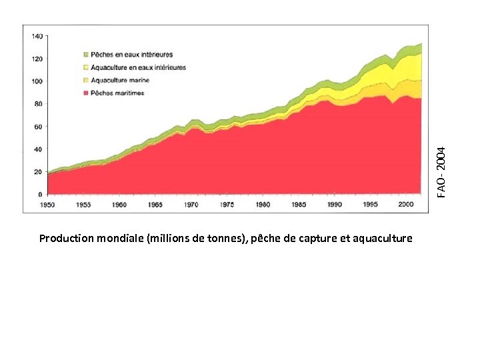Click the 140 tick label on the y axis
pos(37,35)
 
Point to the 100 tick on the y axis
pos(37,81)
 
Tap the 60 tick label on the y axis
pos(39,126)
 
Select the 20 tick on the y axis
pos(39,171)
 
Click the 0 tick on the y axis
pos(41,194)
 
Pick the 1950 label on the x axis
pos(48,205)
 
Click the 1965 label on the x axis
pos(155,205)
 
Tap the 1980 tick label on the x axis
pos(263,205)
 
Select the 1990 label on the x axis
pos(335,205)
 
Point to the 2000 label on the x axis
pos(406,205)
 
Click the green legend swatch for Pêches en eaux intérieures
pos(85,55)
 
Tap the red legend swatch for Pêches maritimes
pos(85,93)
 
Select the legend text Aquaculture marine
pos(120,81)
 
